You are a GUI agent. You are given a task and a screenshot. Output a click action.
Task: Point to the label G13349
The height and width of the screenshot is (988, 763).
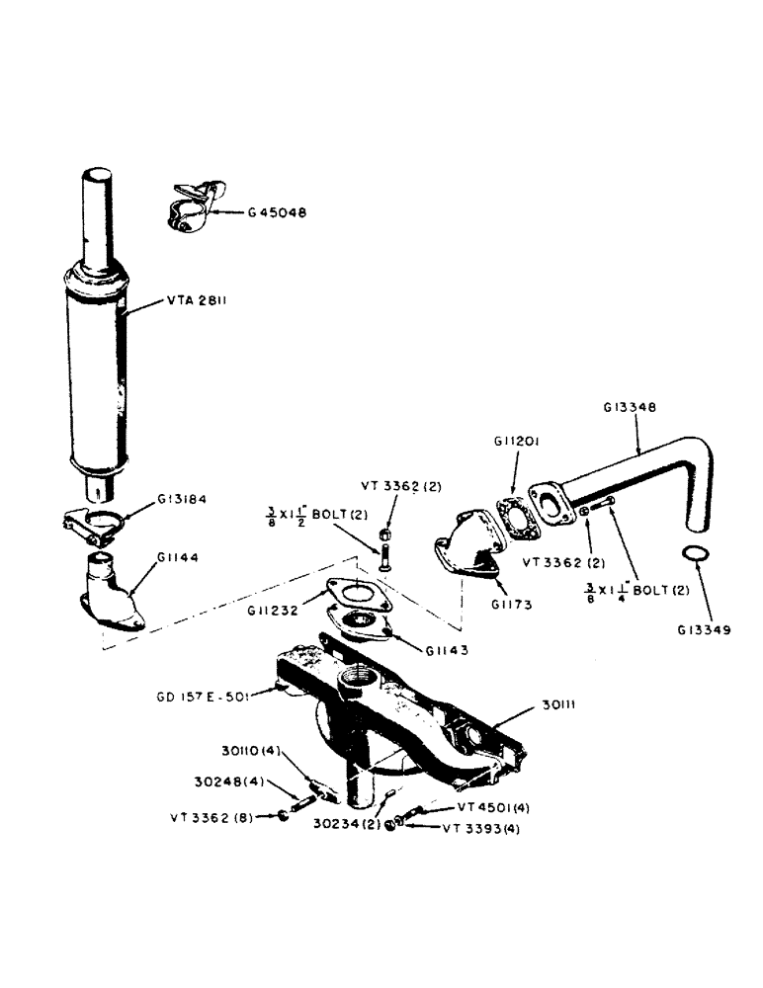coord(705,628)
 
